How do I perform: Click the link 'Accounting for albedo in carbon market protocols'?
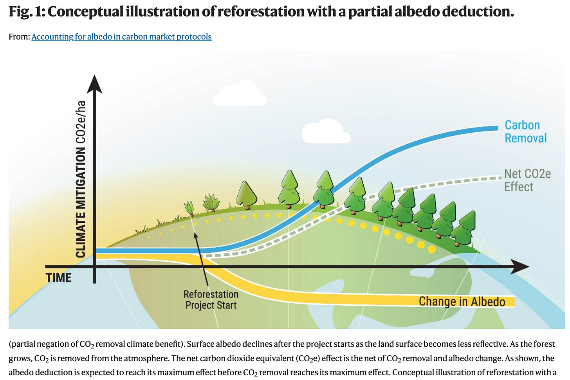pyautogui.click(x=121, y=37)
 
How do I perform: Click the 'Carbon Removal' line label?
pyautogui.click(x=525, y=131)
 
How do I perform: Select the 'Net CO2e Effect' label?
pyautogui.click(x=527, y=180)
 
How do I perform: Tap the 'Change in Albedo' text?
pyautogui.click(x=462, y=301)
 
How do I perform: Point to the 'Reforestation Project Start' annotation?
pyautogui.click(x=211, y=300)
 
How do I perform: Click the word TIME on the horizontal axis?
pyautogui.click(x=59, y=278)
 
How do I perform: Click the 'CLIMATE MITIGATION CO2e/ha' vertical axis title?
pyautogui.click(x=81, y=179)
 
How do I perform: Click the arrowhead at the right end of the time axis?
pyautogui.click(x=519, y=267)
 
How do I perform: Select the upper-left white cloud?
pyautogui.click(x=240, y=94)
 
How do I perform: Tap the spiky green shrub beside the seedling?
pyautogui.click(x=211, y=203)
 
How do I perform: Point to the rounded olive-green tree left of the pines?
pyautogui.click(x=246, y=195)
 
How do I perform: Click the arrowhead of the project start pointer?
pyautogui.click(x=196, y=236)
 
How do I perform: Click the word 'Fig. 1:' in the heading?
pyautogui.click(x=26, y=12)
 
